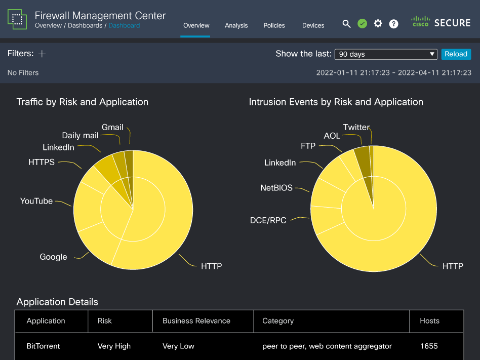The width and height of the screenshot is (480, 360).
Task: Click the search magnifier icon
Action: click(346, 24)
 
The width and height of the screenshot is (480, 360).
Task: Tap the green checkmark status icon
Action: click(362, 24)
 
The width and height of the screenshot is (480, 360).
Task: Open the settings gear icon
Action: click(378, 24)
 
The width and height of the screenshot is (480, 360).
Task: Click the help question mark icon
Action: click(393, 24)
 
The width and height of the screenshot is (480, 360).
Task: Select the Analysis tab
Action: click(236, 25)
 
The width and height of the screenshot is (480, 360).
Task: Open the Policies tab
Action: click(274, 25)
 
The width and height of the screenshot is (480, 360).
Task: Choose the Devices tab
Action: click(313, 25)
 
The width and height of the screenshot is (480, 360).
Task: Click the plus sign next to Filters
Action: click(42, 54)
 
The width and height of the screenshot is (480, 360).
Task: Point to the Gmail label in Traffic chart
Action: click(112, 127)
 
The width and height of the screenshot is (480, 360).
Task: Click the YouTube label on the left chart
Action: click(36, 201)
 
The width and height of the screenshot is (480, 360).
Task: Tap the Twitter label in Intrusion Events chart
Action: click(356, 127)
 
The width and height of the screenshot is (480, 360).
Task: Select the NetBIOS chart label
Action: click(276, 188)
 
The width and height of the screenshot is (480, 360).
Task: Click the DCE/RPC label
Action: click(268, 220)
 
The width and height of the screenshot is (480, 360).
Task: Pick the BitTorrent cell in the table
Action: click(44, 346)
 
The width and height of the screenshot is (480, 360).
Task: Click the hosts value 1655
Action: click(429, 346)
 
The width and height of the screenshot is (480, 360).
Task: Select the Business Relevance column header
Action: click(196, 321)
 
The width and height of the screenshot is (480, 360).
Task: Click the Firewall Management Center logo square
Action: click(17, 19)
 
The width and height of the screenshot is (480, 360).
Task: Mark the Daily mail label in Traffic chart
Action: click(80, 135)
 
